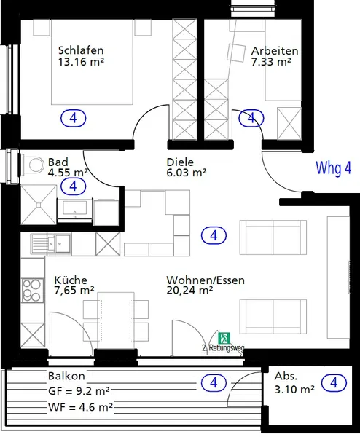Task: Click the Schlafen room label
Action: tap(80, 50)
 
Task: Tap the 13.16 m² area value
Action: tap(80, 62)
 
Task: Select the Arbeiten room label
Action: tap(274, 51)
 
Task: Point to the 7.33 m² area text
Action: tap(271, 63)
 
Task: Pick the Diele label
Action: tap(180, 162)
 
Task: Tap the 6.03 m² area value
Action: tap(187, 173)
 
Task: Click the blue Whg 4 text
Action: tap(334, 168)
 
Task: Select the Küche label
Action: tap(71, 280)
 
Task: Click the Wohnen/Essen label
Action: tap(206, 280)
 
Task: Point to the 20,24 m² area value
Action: tap(189, 291)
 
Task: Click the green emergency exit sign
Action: tap(225, 337)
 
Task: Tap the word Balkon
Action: tap(67, 377)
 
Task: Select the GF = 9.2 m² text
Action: tap(79, 390)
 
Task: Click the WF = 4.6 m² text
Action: tap(79, 406)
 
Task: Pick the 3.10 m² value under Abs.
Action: tap(294, 390)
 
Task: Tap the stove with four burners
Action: tap(32, 290)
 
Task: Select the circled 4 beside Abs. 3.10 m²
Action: tap(333, 382)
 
